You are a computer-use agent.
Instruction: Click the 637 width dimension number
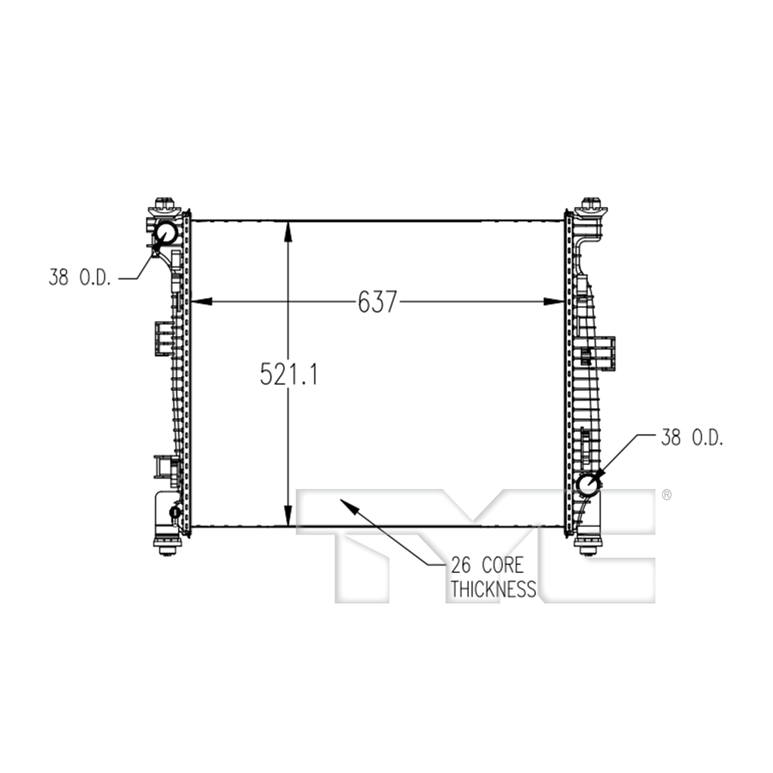pyautogui.click(x=377, y=302)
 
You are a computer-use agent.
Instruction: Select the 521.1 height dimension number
pyautogui.click(x=289, y=374)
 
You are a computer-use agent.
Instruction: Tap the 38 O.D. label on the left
pyautogui.click(x=80, y=278)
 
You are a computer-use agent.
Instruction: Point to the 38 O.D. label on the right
pyautogui.click(x=692, y=437)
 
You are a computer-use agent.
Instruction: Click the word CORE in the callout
pyautogui.click(x=502, y=565)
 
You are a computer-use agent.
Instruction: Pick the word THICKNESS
pyautogui.click(x=493, y=589)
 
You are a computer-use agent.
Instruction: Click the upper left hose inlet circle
pyautogui.click(x=166, y=233)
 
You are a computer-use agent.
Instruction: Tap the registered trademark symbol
pyautogui.click(x=666, y=494)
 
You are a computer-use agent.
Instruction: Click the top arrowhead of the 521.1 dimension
pyautogui.click(x=288, y=231)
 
